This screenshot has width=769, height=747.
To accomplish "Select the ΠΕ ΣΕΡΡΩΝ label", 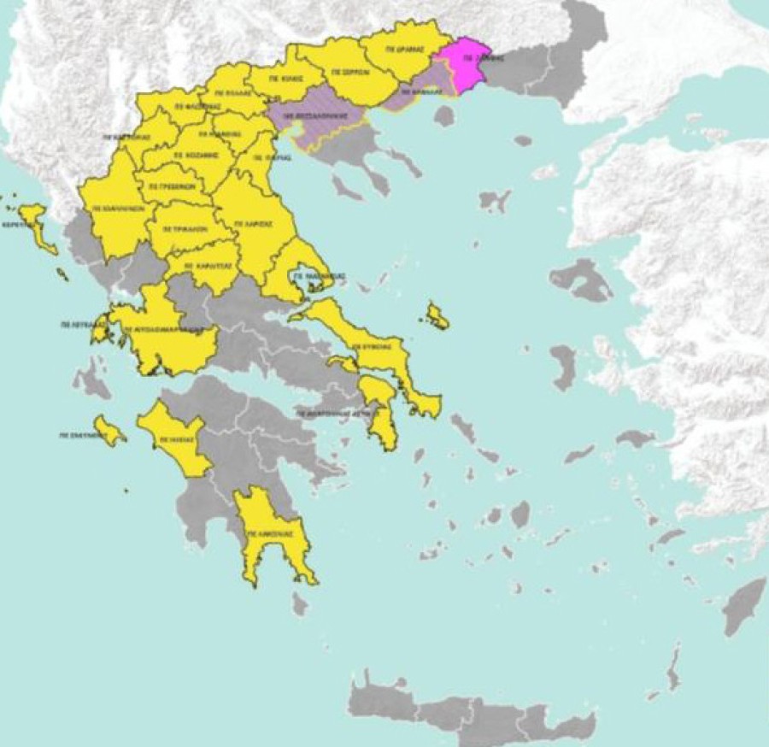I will pos(349,73).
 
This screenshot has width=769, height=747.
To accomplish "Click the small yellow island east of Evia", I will pos(437,317).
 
